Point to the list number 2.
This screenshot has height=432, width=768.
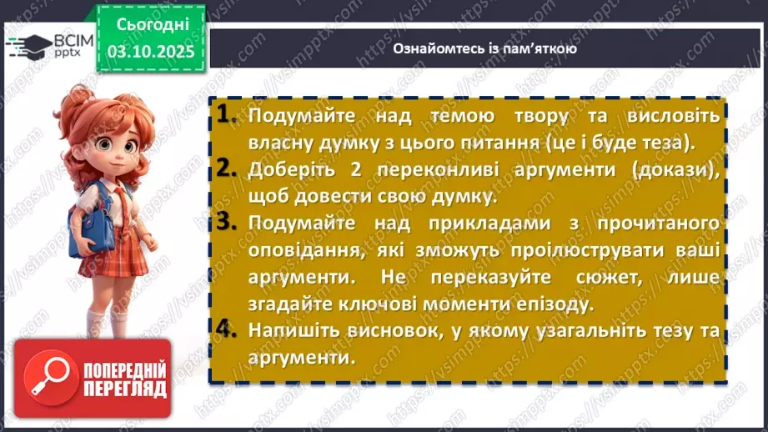coord(225,168)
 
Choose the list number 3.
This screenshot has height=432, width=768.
coord(225,223)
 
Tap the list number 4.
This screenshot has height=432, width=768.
coord(225,329)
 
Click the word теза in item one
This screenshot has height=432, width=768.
coord(665,143)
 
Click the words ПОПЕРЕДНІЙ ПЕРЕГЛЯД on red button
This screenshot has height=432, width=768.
coord(125,379)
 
